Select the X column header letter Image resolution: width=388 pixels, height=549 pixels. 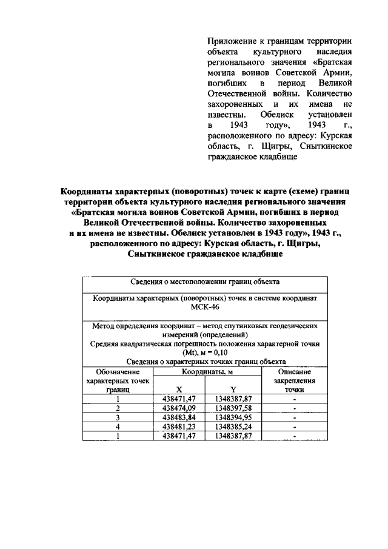click(x=178, y=389)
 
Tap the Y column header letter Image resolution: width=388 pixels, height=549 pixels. click(x=233, y=389)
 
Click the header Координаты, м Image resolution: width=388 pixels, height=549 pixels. click(x=206, y=371)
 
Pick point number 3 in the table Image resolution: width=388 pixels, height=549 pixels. click(x=118, y=417)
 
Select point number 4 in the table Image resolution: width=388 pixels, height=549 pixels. click(x=118, y=426)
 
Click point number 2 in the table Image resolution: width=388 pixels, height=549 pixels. click(x=118, y=408)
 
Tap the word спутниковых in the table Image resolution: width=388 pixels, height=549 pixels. click(x=233, y=326)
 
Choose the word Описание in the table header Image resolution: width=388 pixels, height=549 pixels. click(x=294, y=371)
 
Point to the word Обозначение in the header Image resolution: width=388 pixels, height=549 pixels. click(x=118, y=371)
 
